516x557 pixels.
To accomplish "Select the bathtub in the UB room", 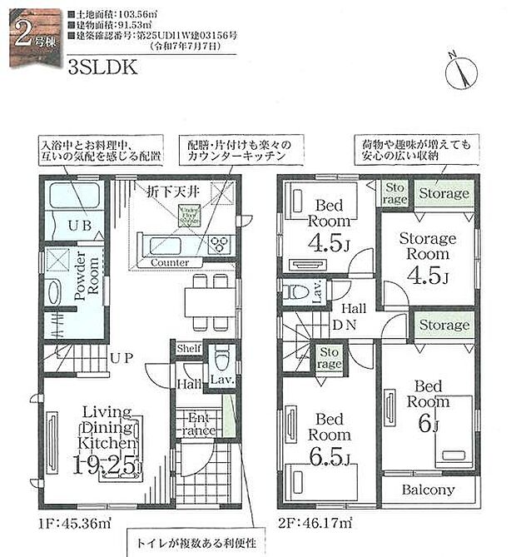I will [73, 199].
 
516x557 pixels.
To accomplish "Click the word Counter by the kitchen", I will [170, 262].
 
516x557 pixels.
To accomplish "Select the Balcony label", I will [428, 490].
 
